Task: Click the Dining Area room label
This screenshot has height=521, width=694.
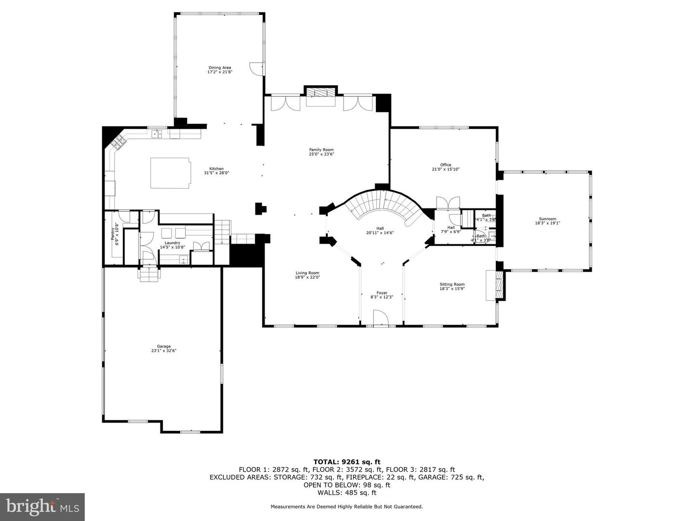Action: (x=220, y=68)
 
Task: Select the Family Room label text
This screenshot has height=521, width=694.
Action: (x=321, y=150)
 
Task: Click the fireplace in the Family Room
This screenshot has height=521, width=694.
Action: (x=320, y=94)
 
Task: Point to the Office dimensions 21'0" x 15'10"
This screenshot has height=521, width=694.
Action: (x=446, y=169)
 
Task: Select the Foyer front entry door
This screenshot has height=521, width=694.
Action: (x=381, y=318)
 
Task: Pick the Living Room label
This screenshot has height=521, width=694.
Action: (x=307, y=273)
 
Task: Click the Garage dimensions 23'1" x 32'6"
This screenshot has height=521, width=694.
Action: (x=163, y=351)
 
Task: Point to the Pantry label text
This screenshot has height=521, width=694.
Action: (x=113, y=233)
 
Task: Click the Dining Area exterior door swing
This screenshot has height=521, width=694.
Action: (x=256, y=69)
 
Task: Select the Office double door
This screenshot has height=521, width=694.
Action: (x=448, y=203)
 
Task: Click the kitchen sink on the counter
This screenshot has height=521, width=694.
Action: (x=156, y=134)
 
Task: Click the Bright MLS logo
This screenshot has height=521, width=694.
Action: (x=42, y=507)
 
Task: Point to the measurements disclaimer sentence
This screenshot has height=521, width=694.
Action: (x=347, y=507)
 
